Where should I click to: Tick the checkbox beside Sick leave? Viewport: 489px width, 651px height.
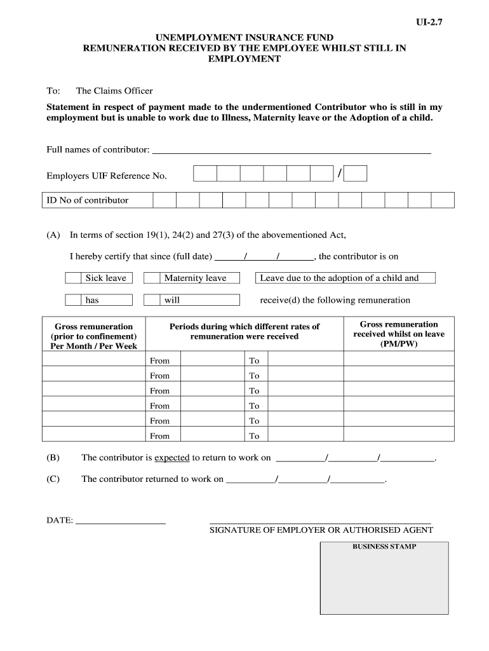(x=74, y=278)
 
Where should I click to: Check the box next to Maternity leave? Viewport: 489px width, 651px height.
(x=151, y=278)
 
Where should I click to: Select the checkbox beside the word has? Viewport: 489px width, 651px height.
(x=74, y=300)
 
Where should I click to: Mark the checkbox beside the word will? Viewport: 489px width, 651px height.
(x=151, y=300)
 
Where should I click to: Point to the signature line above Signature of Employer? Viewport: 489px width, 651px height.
(x=320, y=521)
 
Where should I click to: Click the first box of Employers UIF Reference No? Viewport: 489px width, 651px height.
(x=205, y=174)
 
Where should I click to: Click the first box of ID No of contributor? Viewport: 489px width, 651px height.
(x=164, y=200)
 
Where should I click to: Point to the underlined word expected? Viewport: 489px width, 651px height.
(x=172, y=458)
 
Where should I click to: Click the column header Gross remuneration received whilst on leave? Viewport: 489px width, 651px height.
(x=399, y=334)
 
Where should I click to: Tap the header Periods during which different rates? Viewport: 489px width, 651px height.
(x=245, y=331)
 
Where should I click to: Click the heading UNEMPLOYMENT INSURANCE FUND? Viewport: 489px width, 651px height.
(x=245, y=38)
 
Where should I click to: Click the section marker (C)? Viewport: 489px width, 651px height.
(x=53, y=479)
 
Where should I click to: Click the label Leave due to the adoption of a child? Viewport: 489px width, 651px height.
(x=340, y=278)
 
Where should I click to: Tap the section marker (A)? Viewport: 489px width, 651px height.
(x=53, y=235)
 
